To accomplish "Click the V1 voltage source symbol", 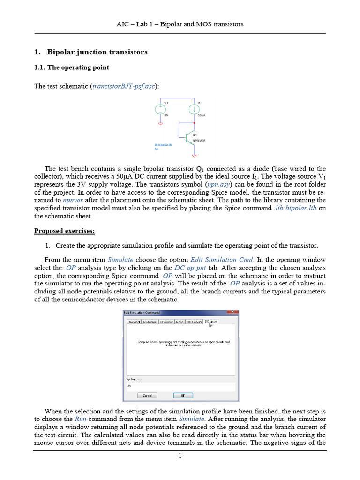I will point(160,109).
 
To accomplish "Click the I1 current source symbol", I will point(193,109).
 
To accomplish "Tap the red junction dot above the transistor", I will point(193,123).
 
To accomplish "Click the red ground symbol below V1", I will point(160,124).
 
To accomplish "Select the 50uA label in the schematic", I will point(201,115).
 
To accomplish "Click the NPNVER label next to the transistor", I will point(199,140).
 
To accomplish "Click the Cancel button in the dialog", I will point(147,395).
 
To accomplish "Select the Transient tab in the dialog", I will point(134,322).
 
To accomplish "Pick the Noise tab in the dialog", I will point(180,322).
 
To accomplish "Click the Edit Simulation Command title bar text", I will point(142,313).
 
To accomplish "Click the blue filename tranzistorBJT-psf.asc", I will point(125,86).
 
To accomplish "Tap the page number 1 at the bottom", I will point(180,456).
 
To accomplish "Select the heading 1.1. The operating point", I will point(72,67).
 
